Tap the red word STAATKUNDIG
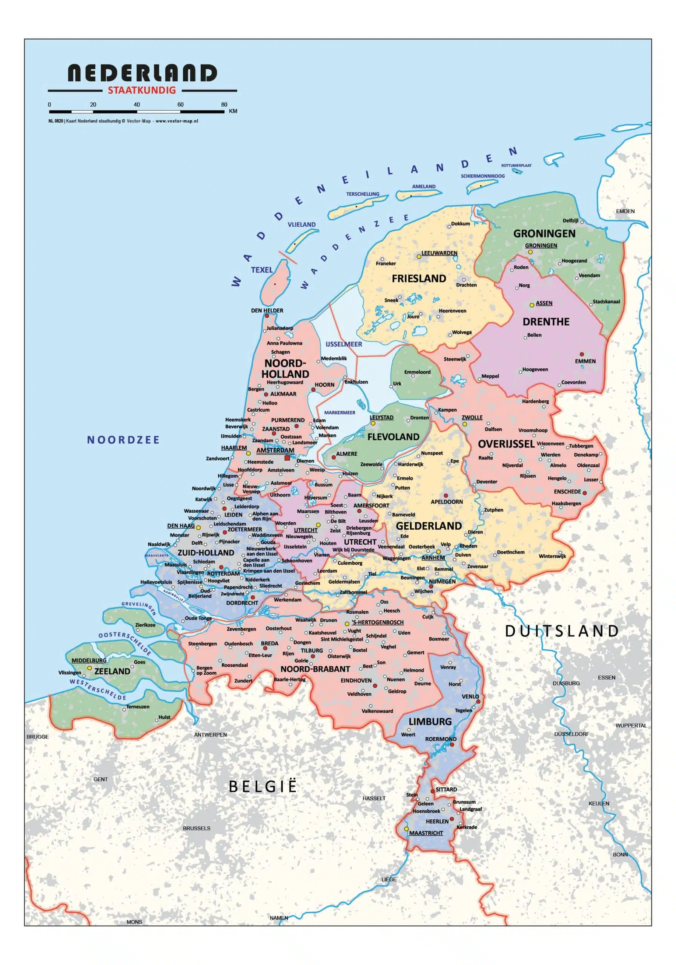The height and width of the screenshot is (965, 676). click(x=142, y=90)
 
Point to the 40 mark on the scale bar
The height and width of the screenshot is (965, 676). click(x=137, y=105)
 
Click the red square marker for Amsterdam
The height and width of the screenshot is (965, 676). click(x=287, y=458)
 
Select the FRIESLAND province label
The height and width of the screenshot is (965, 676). click(x=419, y=279)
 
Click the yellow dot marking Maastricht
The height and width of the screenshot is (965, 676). click(x=406, y=829)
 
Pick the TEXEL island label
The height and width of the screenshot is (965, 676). click(x=262, y=270)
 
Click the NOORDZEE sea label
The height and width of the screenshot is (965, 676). click(x=123, y=440)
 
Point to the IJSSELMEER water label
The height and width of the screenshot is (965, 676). click(x=343, y=344)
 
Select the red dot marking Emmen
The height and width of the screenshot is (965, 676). click(x=582, y=354)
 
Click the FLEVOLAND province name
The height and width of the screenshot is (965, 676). click(x=393, y=437)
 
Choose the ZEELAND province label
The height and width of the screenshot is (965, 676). click(x=112, y=671)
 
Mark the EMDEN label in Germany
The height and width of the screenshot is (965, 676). click(x=625, y=211)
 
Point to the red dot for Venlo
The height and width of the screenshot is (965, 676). click(x=478, y=702)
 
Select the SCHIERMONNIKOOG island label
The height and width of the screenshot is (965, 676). click(x=482, y=176)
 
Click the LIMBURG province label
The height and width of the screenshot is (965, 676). click(x=430, y=721)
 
